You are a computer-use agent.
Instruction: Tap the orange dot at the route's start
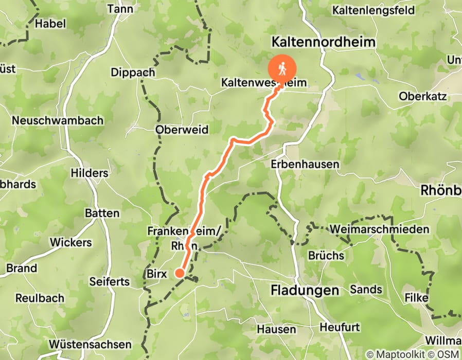[180, 273]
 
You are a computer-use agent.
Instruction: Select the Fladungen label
[305, 291]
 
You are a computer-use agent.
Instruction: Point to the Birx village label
[157, 274]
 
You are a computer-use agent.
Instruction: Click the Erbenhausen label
[305, 165]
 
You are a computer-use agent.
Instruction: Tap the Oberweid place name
[182, 130]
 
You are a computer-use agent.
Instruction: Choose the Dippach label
[133, 73]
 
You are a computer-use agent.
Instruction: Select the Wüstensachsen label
[91, 344]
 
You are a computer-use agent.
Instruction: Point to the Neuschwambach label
[58, 120]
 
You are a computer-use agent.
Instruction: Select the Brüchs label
[326, 255]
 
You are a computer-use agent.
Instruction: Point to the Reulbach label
[40, 298]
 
